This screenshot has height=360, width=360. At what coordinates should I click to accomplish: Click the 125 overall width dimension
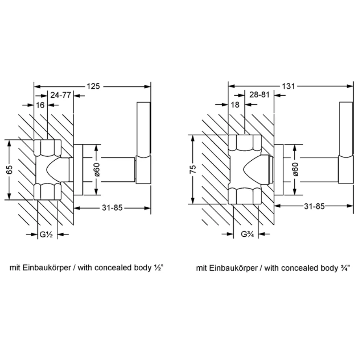click(x=93, y=86)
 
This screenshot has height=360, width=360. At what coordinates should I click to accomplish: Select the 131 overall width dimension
click(x=288, y=86)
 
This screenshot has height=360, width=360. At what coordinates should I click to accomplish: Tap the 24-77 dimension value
click(x=61, y=95)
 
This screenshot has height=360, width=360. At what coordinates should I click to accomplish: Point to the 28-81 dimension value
click(x=260, y=95)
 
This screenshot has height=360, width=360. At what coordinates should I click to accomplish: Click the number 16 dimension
click(x=40, y=105)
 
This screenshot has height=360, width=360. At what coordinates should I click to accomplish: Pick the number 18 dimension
click(x=235, y=105)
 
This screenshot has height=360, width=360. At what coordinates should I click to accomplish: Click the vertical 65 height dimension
click(x=9, y=170)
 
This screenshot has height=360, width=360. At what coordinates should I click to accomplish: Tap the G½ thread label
click(x=46, y=235)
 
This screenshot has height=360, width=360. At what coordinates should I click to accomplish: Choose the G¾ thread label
click(x=247, y=234)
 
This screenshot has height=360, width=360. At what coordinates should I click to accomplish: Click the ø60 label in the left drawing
click(x=97, y=169)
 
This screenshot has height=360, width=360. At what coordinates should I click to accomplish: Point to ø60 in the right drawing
click(x=295, y=169)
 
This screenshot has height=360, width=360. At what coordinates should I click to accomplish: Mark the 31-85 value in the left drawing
click(x=112, y=208)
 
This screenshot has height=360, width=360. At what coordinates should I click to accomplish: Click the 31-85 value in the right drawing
click(x=314, y=206)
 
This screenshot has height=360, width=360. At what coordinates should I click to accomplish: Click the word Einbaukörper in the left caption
click(x=47, y=268)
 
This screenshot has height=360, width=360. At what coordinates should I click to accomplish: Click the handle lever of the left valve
click(x=144, y=143)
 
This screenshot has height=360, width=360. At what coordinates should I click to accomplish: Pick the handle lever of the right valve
click(x=346, y=143)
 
